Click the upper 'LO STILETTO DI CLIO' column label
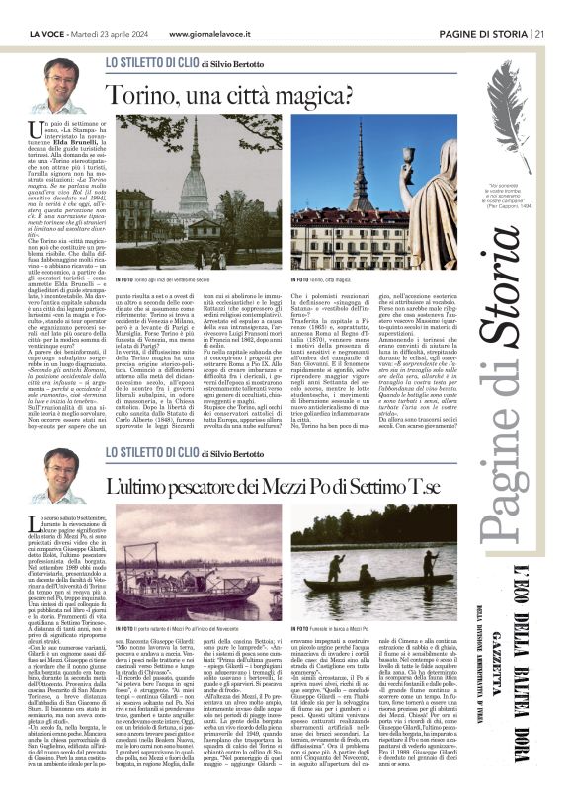tap(149, 61)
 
